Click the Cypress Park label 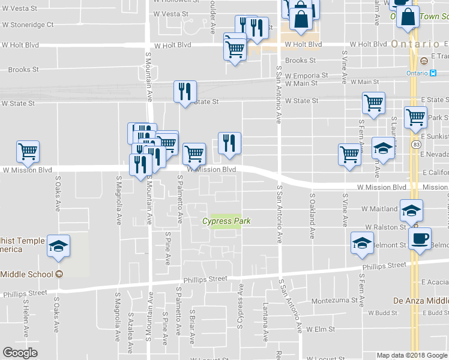pyautogui.click(x=226, y=221)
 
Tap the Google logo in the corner pyautogui.click(x=20, y=353)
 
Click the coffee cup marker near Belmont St pyautogui.click(x=420, y=238)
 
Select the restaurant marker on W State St pyautogui.click(x=185, y=92)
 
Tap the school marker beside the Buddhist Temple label pyautogui.click(x=59, y=246)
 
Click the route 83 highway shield pyautogui.click(x=416, y=144)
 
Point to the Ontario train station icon pyautogui.click(x=433, y=73)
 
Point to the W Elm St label pyautogui.click(x=320, y=329)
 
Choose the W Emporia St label pyautogui.click(x=307, y=76)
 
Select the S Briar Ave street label pyautogui.click(x=192, y=327)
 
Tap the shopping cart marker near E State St pyautogui.click(x=373, y=103)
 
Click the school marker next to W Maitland pyautogui.click(x=412, y=209)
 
